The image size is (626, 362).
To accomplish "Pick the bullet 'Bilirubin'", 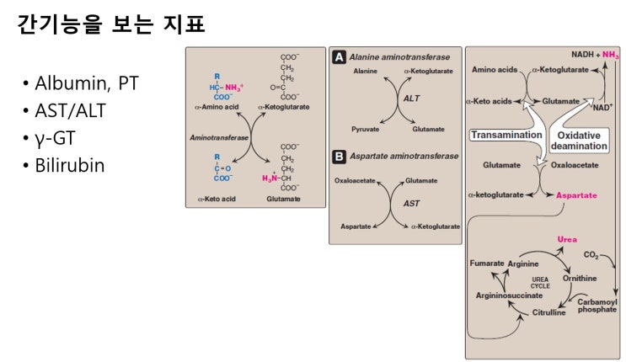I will (x=70, y=165).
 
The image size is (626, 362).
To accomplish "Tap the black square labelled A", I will (x=339, y=57).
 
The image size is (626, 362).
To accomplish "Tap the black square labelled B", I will (x=339, y=156).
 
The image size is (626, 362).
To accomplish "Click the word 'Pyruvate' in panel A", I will (x=365, y=129).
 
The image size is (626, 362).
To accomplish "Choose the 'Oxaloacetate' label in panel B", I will (x=354, y=180).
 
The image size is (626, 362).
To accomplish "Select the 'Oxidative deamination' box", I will (x=579, y=140).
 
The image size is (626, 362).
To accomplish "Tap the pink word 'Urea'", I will (x=567, y=239).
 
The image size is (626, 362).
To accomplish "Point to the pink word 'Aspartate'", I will (x=576, y=194).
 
